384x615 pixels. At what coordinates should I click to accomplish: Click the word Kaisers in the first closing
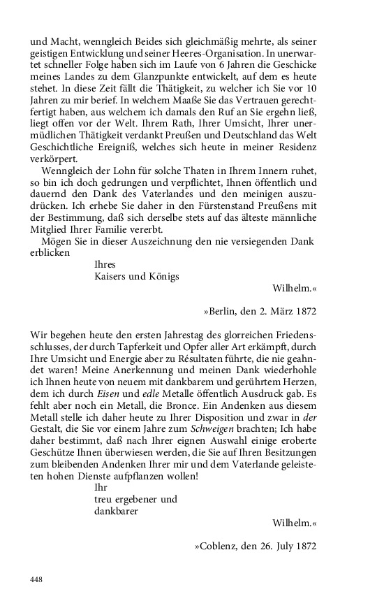point(110,276)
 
